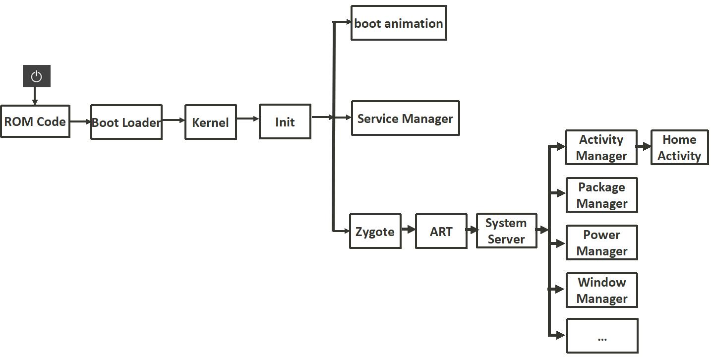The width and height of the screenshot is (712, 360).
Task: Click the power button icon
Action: point(36,76)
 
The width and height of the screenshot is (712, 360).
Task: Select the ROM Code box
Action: point(35,121)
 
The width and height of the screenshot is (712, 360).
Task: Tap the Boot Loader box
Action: point(126,122)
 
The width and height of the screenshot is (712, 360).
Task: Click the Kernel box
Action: point(210,122)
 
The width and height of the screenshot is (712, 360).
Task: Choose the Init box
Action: point(285,121)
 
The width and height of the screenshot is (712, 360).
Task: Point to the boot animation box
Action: point(399,23)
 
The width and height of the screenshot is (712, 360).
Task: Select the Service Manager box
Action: point(405,119)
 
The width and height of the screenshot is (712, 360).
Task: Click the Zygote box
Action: point(375,231)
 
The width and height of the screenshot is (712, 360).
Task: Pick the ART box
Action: point(441,231)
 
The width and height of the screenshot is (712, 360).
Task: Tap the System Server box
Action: point(506,231)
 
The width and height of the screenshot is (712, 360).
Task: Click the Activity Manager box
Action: point(601,147)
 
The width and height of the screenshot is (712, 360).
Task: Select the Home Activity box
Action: point(679,147)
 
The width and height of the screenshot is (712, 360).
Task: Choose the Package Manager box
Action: point(601,195)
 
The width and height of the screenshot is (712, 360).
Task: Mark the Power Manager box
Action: point(601,242)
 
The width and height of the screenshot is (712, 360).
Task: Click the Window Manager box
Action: point(601,290)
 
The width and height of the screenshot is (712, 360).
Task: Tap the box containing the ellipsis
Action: point(602,336)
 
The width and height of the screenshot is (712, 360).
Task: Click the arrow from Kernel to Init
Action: point(247,119)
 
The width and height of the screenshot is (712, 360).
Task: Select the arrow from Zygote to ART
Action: point(408,229)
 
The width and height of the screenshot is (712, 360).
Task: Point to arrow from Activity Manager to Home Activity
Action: point(643,147)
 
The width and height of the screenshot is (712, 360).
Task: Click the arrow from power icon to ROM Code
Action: point(35,96)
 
